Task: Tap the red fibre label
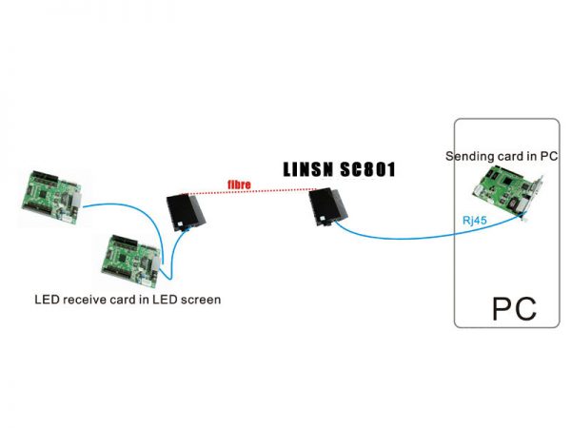238,185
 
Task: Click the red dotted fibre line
257,193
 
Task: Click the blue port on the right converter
336,224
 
